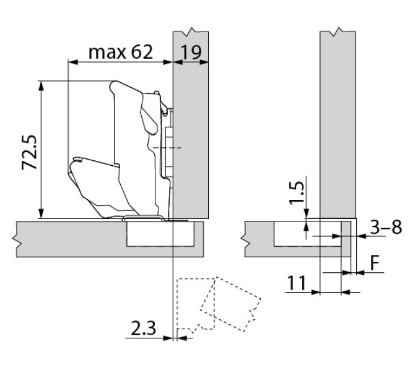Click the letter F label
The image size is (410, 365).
375,261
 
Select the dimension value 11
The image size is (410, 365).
298,284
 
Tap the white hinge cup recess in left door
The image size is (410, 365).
162,233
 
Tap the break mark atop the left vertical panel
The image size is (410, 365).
191,30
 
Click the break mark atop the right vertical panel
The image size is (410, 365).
338,30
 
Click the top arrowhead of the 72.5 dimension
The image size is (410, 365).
41,84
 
